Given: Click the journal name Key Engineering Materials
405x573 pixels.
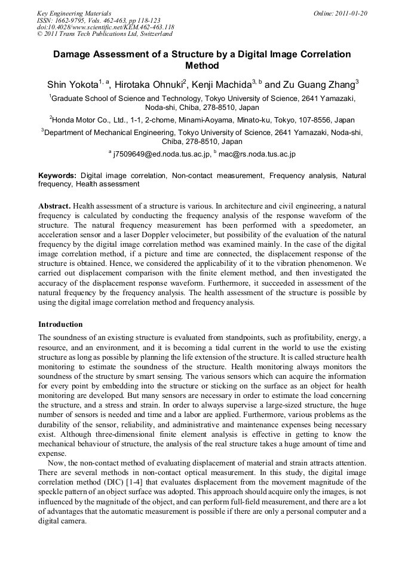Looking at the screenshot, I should (74, 13).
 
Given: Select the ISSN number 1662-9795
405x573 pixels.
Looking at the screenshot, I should (71, 20).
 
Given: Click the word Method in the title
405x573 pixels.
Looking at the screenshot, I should (202, 66).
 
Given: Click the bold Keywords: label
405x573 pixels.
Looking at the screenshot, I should (57, 176).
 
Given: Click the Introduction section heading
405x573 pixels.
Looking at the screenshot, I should (60, 324).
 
